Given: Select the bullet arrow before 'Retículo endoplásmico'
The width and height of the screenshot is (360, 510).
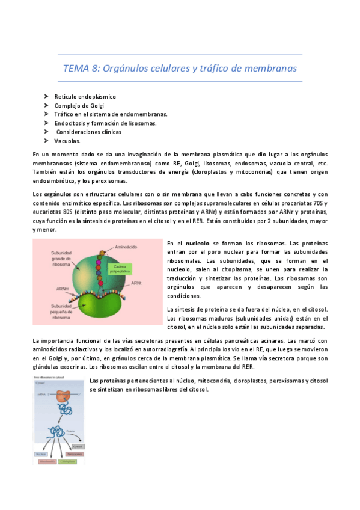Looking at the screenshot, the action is pos(46,96).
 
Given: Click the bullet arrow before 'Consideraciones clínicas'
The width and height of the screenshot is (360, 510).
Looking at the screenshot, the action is pos(46,132).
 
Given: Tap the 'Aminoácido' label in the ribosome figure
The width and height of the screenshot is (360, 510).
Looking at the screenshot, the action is pos(131,248).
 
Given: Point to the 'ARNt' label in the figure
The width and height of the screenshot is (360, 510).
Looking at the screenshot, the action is pos(136,283).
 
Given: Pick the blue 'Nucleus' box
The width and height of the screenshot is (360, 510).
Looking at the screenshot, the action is pos(44,455).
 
